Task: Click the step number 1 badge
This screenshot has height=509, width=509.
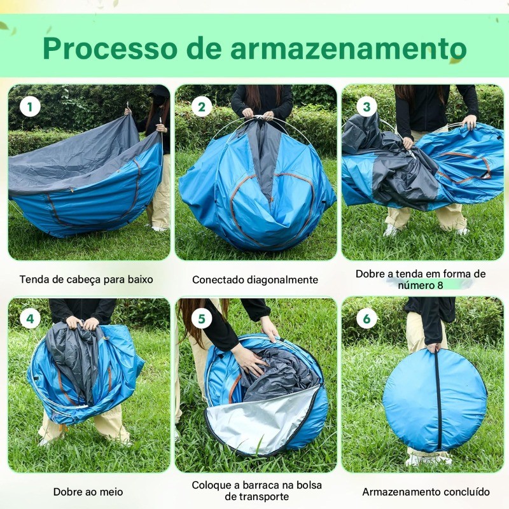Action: pos(30,107)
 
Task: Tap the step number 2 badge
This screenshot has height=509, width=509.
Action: pos(202,107)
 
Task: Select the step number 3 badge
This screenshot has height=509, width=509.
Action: pos(367,107)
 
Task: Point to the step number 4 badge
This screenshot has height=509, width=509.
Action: pos(30,319)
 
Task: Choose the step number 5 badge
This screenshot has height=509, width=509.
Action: pos(202,319)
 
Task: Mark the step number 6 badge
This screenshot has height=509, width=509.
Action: pos(367,319)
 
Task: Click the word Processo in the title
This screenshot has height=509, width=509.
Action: pos(110,48)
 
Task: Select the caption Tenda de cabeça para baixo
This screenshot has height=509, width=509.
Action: pos(87,279)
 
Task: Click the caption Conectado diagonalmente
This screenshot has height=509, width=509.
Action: pos(255,279)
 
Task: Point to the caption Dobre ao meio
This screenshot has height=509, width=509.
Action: pos(88,492)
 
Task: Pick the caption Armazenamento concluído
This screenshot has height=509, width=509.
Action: pos(426,492)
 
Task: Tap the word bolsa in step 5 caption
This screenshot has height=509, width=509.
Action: pos(307,485)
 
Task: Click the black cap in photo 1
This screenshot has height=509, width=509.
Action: pos(160,91)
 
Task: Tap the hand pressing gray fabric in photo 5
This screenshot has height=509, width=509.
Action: pos(249,359)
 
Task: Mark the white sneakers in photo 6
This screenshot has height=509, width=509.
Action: pos(428,459)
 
